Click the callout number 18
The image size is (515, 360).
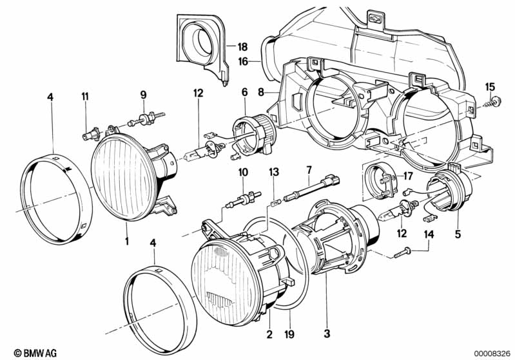pos(242,47)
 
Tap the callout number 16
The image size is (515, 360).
pos(244,61)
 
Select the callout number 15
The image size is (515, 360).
pos(490,87)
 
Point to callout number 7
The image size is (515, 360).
pos(309,170)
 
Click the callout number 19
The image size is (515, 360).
pos(289,334)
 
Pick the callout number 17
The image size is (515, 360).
pos(407,176)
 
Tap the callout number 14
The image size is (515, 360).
pos(429,234)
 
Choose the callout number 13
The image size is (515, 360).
pos(274,172)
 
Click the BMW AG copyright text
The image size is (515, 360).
pos(35,353)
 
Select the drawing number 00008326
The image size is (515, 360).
pos(492,354)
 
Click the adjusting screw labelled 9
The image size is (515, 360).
pos(146,118)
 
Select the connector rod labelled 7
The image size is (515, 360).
pos(311,189)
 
